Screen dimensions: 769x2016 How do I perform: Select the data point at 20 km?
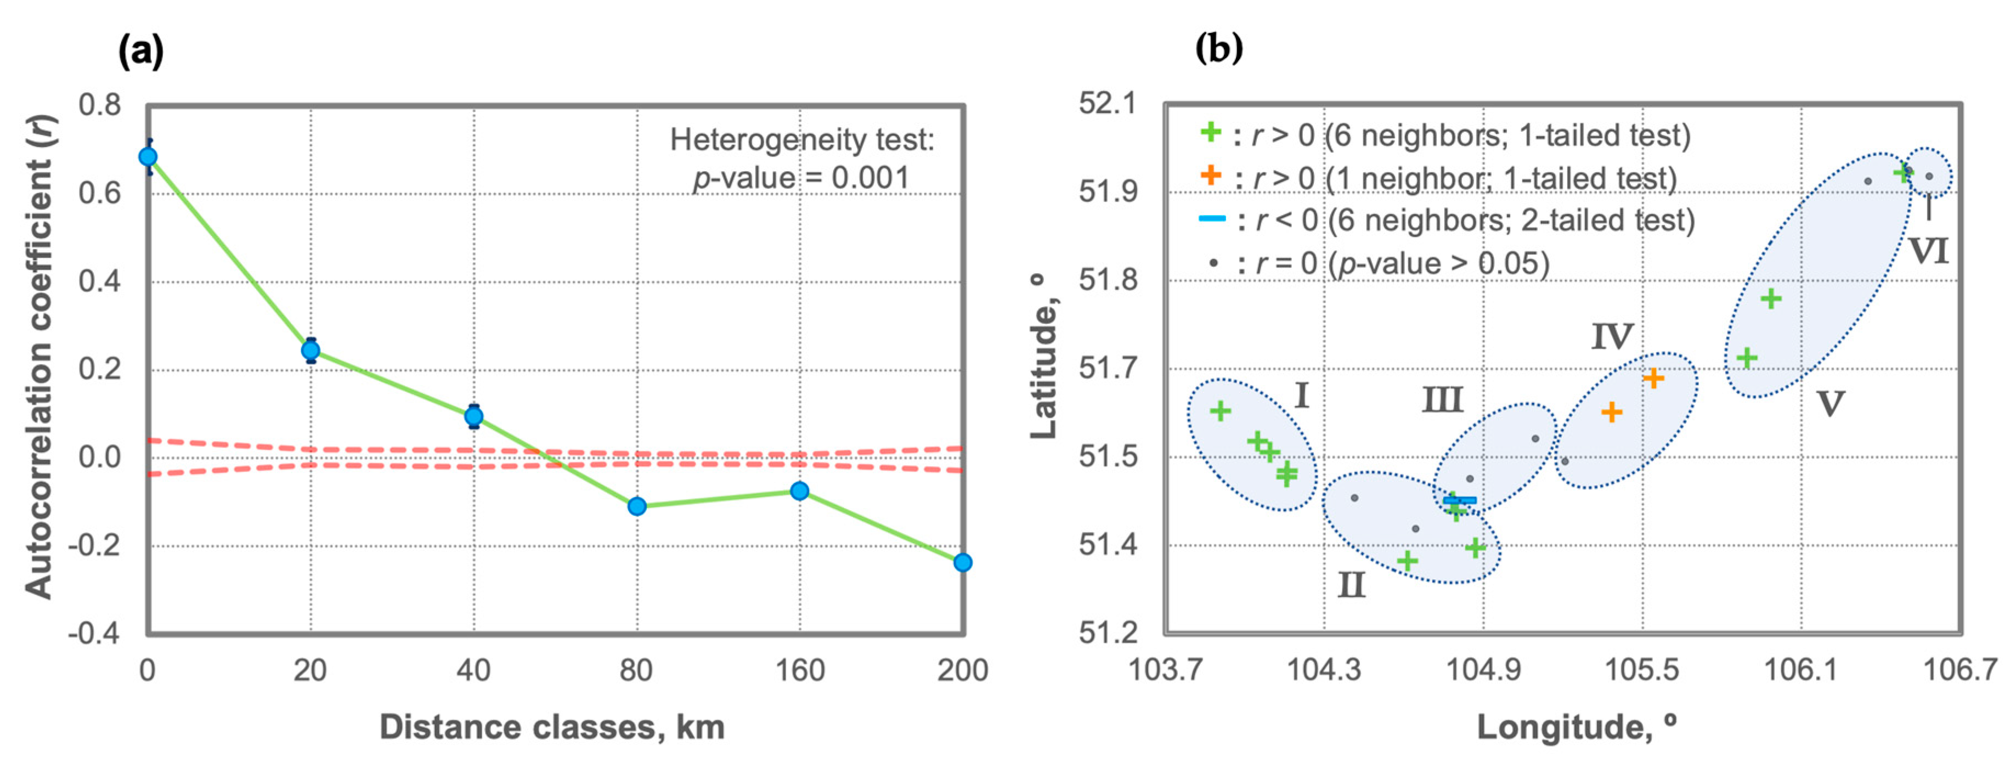pos(310,350)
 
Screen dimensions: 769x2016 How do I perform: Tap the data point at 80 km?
pos(637,506)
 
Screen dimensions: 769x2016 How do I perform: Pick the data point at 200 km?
pos(963,562)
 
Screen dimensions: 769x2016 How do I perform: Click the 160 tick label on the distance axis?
pos(799,670)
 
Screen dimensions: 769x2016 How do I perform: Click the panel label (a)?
pos(141,52)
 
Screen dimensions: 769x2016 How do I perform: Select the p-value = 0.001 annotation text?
pos(800,178)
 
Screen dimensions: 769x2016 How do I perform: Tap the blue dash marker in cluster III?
pos(1460,500)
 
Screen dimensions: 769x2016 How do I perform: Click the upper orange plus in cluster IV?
pos(1653,378)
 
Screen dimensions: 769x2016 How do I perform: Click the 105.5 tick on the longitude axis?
pos(1642,670)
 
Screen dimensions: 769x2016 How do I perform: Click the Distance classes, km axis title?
pos(552,727)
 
